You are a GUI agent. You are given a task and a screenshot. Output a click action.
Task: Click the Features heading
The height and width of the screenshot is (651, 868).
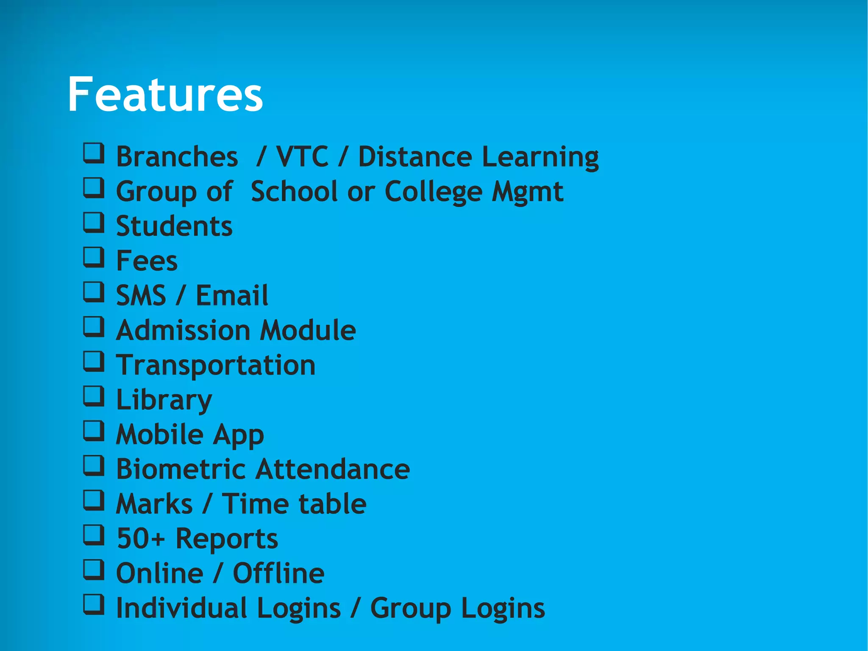point(165,94)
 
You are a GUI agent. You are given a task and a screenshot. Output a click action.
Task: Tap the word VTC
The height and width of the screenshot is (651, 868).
point(302,157)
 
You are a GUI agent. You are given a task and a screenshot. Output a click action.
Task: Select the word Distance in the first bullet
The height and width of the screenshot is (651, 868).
point(415,157)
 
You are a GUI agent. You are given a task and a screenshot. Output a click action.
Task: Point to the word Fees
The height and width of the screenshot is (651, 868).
point(147,261)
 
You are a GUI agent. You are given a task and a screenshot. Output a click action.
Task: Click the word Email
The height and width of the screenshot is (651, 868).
point(232,295)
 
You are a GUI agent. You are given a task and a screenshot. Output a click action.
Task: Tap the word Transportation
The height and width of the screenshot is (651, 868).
point(216,365)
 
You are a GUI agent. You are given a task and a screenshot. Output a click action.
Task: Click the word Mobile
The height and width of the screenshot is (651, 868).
point(160,434)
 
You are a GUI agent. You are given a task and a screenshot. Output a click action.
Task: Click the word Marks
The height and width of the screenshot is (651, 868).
point(154,504)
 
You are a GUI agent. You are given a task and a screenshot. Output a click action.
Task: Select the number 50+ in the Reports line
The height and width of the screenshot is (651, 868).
point(140,539)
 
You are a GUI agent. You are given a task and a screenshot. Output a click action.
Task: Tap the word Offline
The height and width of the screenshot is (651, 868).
point(278,573)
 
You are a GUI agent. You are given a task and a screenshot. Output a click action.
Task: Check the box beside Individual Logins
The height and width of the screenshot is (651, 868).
point(93,604)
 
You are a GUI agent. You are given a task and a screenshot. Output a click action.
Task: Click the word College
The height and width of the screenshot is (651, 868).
point(433,192)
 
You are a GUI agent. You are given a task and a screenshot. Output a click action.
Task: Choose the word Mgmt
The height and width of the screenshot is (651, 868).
point(528,192)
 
